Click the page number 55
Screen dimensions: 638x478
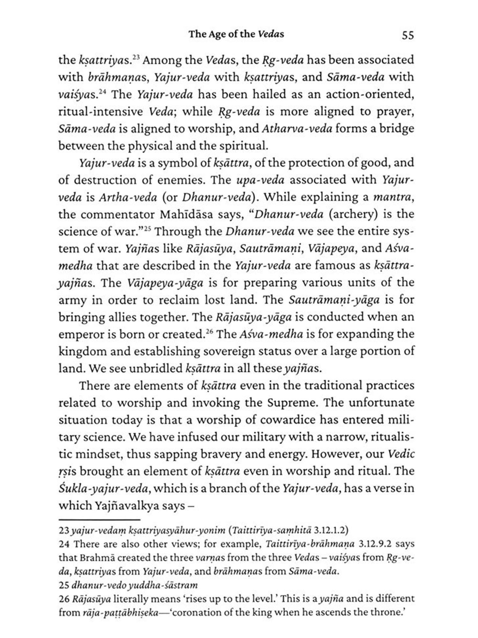click(x=408, y=35)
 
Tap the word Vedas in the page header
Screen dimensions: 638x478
click(x=271, y=34)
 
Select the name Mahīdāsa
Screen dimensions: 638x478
click(x=186, y=214)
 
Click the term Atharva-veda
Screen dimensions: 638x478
click(x=297, y=129)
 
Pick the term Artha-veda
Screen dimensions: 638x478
click(x=128, y=197)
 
